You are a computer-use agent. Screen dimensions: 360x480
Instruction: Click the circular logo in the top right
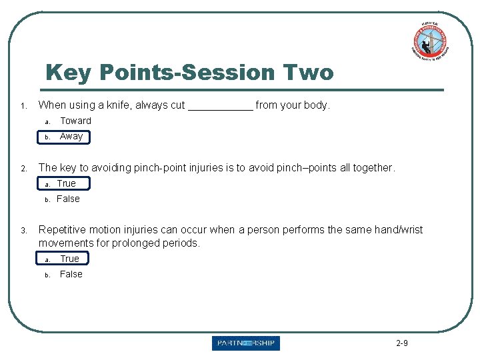point(429,41)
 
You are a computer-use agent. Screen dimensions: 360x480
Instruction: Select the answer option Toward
point(75,121)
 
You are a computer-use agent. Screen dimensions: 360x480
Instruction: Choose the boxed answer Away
point(71,137)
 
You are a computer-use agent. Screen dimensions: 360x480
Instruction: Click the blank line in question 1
point(220,105)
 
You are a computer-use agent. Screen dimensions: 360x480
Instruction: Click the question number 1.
point(23,106)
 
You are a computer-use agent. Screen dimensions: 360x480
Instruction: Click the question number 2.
point(23,169)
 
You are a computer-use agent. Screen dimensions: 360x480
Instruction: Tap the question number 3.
point(23,231)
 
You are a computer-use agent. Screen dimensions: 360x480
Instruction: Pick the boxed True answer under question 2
point(66,183)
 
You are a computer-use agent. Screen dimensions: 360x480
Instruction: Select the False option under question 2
point(68,199)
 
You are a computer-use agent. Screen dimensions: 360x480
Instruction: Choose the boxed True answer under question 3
point(69,259)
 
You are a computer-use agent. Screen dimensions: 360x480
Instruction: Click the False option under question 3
point(71,274)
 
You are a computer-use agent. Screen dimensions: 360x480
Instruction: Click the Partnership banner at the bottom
point(246,343)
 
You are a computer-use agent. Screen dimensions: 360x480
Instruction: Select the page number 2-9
point(401,343)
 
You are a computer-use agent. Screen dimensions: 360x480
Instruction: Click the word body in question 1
point(317,105)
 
